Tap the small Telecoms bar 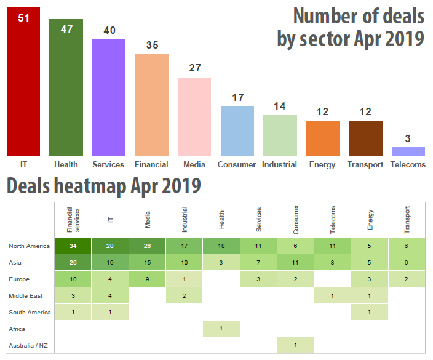(408, 151)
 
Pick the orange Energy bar (323, 138)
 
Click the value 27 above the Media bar (195, 68)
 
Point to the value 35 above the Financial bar (152, 45)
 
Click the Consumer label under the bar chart (237, 164)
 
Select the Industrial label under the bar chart (279, 164)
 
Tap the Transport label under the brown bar (365, 164)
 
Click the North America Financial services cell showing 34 (73, 246)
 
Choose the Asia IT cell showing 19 (110, 262)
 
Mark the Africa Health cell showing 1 (221, 328)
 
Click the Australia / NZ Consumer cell (295, 345)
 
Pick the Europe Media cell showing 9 (148, 279)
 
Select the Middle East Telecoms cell (333, 295)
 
